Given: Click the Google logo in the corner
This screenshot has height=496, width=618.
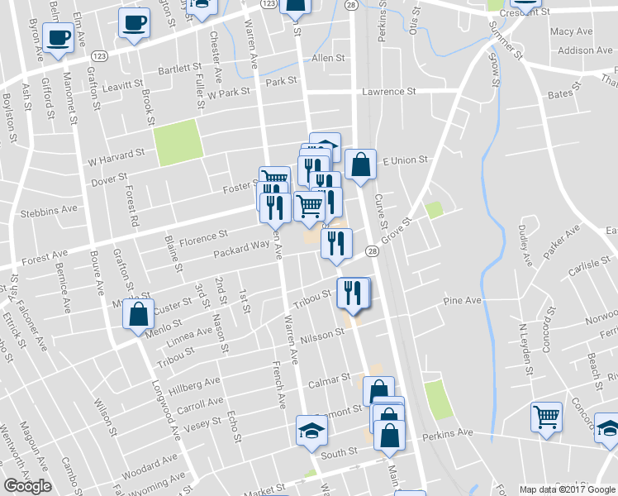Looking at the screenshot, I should (x=27, y=486).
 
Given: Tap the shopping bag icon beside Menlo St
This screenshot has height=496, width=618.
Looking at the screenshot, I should (x=140, y=315).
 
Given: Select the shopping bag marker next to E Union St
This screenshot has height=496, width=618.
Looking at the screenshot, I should (x=360, y=165).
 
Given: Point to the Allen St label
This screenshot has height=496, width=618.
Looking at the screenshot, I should (x=328, y=59).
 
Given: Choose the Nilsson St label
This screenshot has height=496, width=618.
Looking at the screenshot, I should (x=322, y=334).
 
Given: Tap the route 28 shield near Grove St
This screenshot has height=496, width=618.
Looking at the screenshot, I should (x=373, y=251).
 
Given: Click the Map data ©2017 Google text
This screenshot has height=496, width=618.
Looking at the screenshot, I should (x=567, y=489).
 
